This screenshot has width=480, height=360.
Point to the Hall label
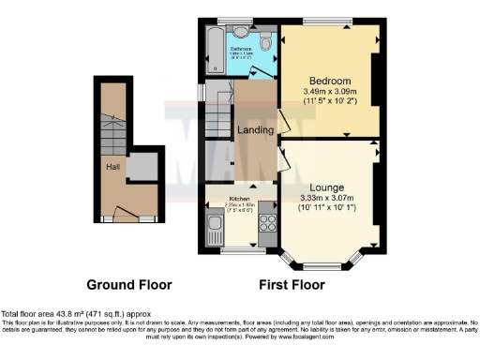click(x=112, y=167)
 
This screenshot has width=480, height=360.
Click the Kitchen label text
click(x=240, y=199)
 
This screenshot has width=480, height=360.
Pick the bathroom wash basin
click(x=243, y=30)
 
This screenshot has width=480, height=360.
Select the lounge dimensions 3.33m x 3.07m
click(x=330, y=198)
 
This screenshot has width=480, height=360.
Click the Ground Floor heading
click(x=126, y=284)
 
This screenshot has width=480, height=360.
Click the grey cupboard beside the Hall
click(x=142, y=167)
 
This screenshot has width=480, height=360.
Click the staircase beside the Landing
click(x=219, y=120)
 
